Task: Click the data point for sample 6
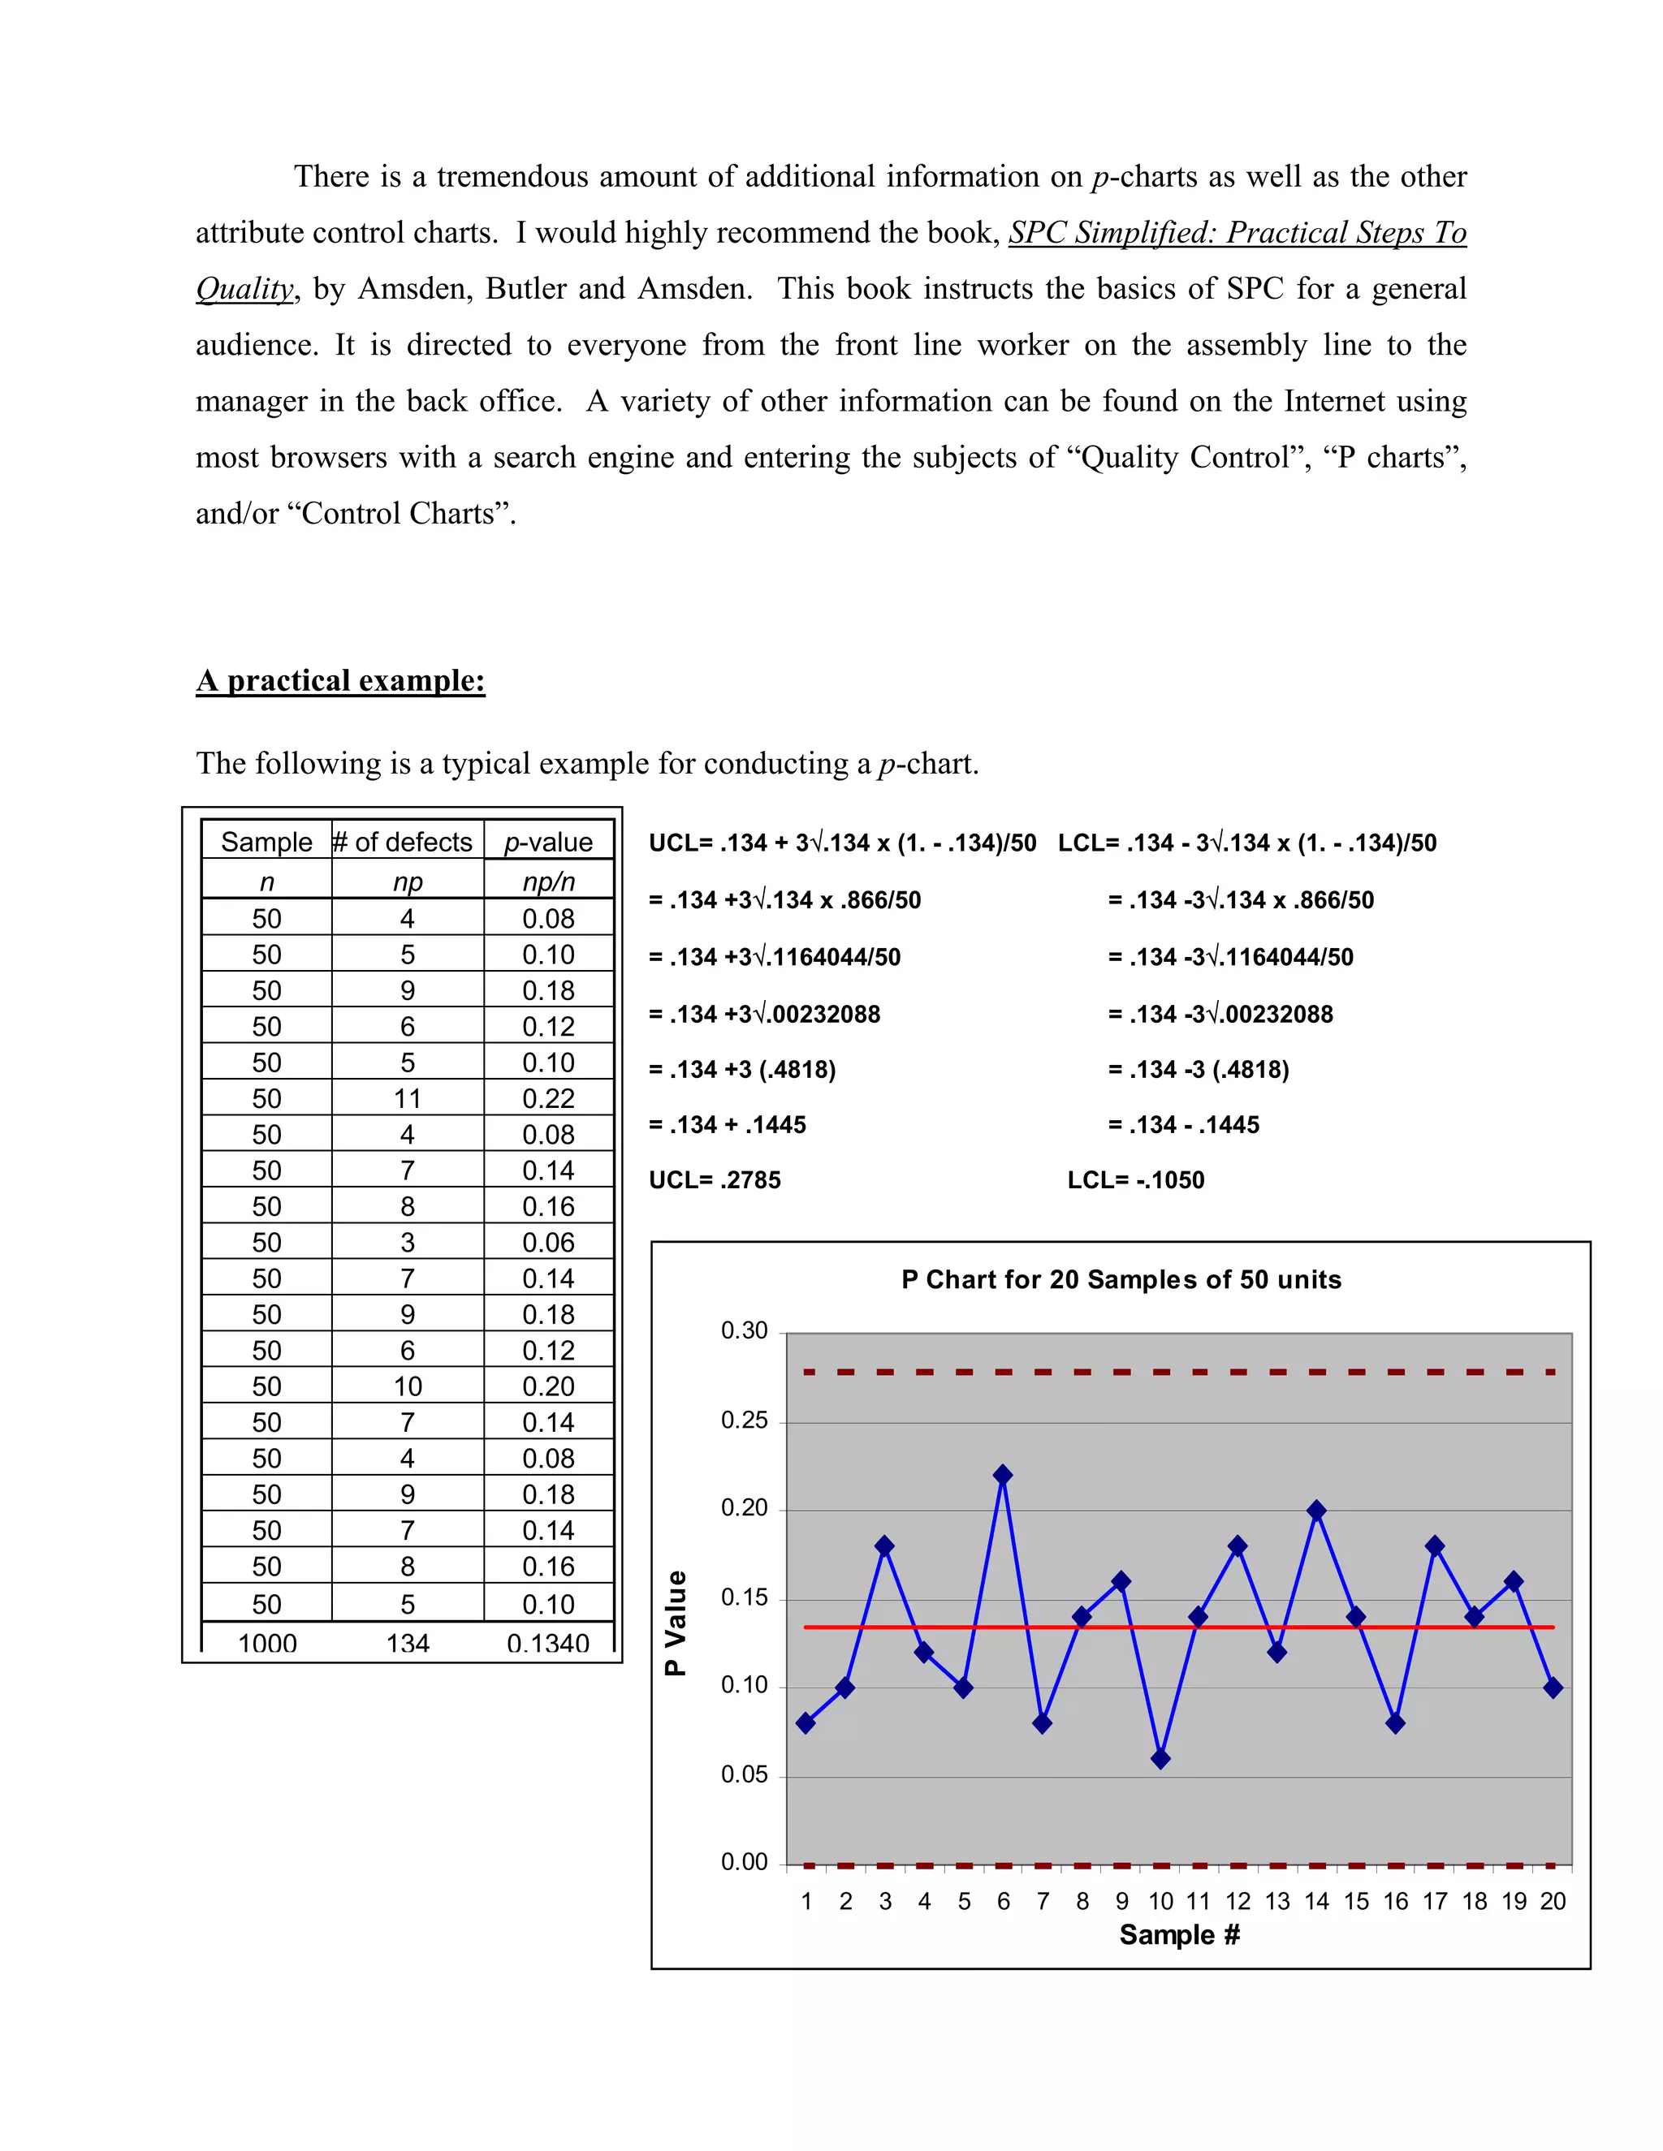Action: [1003, 1474]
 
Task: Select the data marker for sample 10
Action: [1160, 1758]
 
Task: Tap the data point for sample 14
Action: [1317, 1510]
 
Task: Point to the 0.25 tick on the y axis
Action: [744, 1420]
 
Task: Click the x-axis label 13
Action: [1276, 1901]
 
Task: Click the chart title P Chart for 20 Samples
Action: [1121, 1279]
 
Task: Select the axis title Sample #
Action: [1179, 1934]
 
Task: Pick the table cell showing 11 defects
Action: [407, 1098]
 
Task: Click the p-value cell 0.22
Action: [548, 1098]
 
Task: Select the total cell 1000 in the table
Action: [267, 1643]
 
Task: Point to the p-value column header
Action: [548, 842]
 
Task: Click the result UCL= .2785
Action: [715, 1180]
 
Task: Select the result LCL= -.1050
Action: [1135, 1180]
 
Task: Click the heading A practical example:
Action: [340, 680]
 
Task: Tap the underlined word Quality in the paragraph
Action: [244, 289]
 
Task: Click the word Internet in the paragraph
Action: [1339, 401]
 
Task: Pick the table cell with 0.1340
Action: [548, 1643]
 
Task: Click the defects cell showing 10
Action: [407, 1386]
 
